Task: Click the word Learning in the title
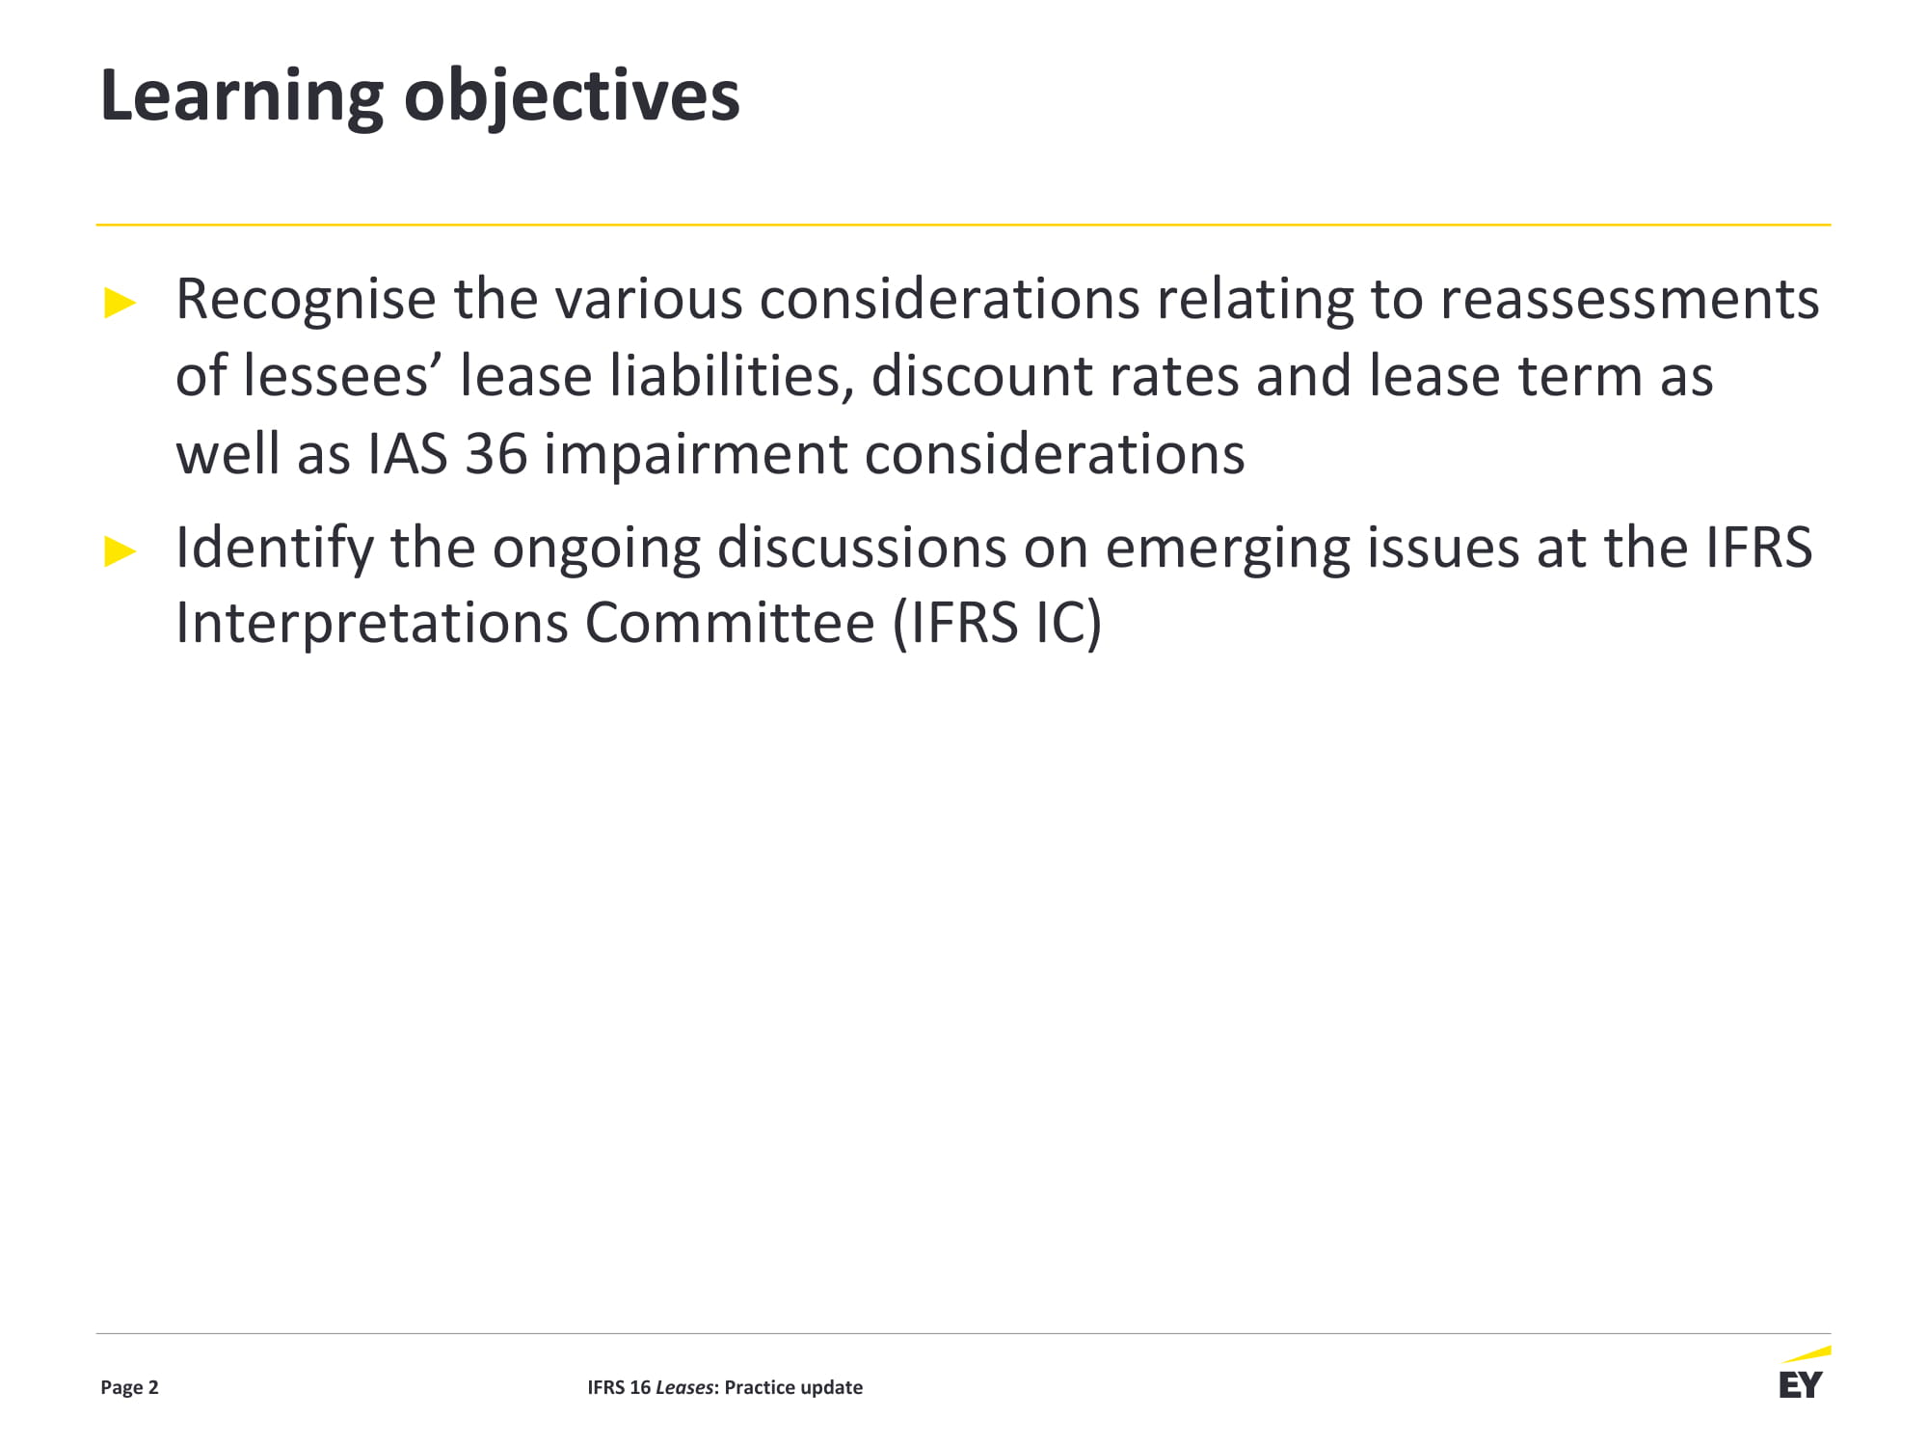(x=242, y=97)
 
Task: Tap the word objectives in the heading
(x=572, y=97)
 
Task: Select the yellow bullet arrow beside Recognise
(x=120, y=304)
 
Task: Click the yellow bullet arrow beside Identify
(x=120, y=551)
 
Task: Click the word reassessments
(x=1629, y=300)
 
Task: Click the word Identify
(x=274, y=548)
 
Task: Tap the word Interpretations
(x=371, y=623)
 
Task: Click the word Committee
(x=730, y=623)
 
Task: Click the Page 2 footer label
(x=129, y=1387)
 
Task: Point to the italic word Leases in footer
(x=684, y=1387)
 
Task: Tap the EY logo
(x=1803, y=1374)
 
